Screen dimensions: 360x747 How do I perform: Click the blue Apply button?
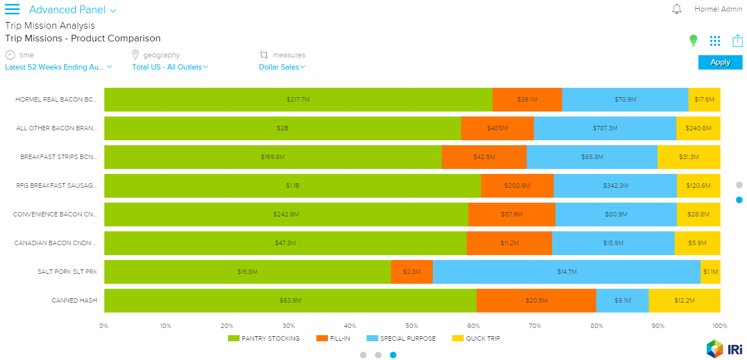click(x=720, y=62)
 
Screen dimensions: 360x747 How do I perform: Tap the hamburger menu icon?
click(x=12, y=9)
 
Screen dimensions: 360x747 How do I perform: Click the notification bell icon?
click(x=677, y=9)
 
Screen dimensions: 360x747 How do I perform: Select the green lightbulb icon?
click(x=693, y=40)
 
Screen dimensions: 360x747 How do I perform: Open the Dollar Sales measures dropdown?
click(x=282, y=67)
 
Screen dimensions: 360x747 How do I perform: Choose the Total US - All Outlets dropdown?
click(x=170, y=67)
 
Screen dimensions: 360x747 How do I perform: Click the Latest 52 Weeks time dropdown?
click(x=59, y=67)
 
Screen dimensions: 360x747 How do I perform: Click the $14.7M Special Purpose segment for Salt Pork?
click(x=566, y=272)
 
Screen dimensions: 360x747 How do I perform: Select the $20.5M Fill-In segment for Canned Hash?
click(x=536, y=300)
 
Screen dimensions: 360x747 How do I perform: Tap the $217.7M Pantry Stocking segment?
click(x=298, y=99)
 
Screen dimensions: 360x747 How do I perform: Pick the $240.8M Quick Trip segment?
click(x=698, y=128)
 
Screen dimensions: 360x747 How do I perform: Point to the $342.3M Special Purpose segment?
click(x=615, y=186)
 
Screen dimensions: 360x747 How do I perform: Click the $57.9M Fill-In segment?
click(x=511, y=214)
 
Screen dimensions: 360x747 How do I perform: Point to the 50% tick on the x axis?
click(x=411, y=326)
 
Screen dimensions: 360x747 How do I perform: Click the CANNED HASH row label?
click(x=74, y=300)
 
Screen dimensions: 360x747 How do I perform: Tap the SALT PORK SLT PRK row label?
click(x=67, y=272)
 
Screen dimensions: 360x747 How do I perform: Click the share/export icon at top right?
click(x=737, y=40)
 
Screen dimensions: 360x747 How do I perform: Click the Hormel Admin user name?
click(x=718, y=9)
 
